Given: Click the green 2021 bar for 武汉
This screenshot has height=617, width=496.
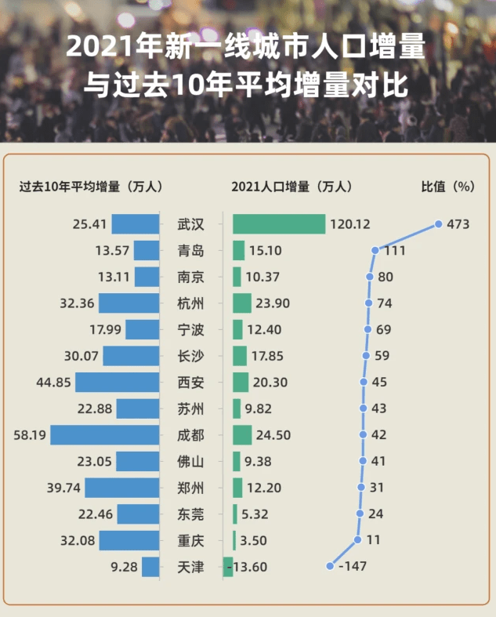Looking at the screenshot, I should pyautogui.click(x=278, y=224).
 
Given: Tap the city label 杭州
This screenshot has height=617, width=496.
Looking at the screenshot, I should pyautogui.click(x=190, y=303).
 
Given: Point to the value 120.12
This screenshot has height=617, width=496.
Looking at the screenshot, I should pyautogui.click(x=349, y=224).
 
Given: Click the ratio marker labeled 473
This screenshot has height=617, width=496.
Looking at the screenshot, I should pyautogui.click(x=439, y=224).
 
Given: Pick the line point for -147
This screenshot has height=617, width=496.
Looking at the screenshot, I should pyautogui.click(x=330, y=566).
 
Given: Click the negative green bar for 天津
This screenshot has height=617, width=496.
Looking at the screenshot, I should pyautogui.click(x=228, y=566).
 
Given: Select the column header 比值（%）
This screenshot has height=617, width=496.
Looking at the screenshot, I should pyautogui.click(x=447, y=186).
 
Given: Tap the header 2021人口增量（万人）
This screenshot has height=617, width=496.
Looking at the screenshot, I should pyautogui.click(x=291, y=186).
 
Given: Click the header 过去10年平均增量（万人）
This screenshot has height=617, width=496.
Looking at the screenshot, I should pyautogui.click(x=91, y=186).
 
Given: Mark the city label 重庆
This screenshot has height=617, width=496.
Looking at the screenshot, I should pyautogui.click(x=190, y=540).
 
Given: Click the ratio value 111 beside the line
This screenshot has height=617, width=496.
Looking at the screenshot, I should pyautogui.click(x=394, y=251).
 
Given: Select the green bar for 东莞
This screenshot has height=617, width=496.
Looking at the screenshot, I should pyautogui.click(x=235, y=514).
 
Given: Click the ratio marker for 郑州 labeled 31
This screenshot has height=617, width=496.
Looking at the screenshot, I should pyautogui.click(x=360, y=488).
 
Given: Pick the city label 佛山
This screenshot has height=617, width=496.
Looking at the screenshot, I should pyautogui.click(x=190, y=461).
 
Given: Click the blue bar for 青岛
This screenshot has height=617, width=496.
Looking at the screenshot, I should pyautogui.click(x=147, y=251).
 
